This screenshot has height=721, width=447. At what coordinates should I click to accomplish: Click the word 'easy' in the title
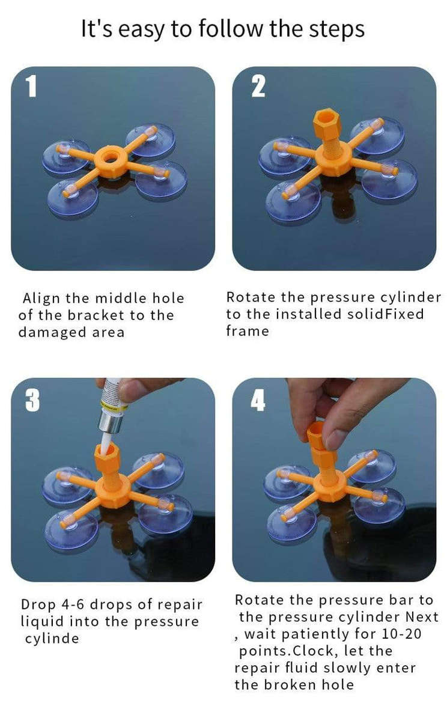point(137,29)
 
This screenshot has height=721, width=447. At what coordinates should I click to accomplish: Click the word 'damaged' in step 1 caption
point(47,332)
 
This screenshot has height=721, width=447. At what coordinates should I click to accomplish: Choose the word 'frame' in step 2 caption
point(248,331)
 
